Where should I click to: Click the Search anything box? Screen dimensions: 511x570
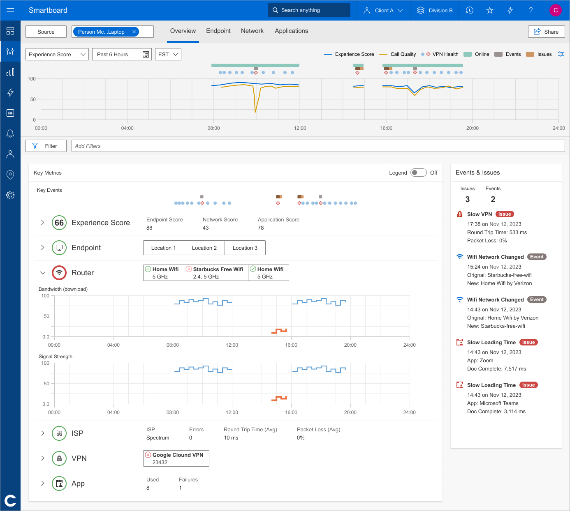click(x=309, y=10)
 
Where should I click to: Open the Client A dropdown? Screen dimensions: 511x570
click(x=383, y=10)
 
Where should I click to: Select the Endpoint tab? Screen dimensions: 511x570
click(x=218, y=31)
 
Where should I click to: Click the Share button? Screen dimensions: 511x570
click(x=546, y=32)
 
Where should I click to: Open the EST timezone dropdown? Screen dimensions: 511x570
click(x=168, y=54)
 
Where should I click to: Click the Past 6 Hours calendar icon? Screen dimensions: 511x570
click(x=146, y=54)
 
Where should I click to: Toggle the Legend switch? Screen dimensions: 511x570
click(x=418, y=173)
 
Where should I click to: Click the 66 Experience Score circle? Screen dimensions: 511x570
click(x=59, y=223)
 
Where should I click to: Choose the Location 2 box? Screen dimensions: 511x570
click(x=204, y=248)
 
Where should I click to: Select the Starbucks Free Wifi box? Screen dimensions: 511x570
click(x=216, y=273)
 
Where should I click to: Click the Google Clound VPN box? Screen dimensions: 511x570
click(x=176, y=458)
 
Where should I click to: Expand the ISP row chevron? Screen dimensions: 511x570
click(x=43, y=433)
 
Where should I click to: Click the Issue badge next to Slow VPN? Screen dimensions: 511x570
click(x=505, y=214)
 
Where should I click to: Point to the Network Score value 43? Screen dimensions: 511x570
click(x=206, y=228)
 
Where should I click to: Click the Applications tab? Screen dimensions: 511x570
click(x=291, y=31)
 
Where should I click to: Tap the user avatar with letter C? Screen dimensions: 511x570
click(x=555, y=10)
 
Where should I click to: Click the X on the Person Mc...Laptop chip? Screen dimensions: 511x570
click(x=134, y=32)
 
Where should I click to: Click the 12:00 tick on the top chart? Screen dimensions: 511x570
click(x=300, y=128)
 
